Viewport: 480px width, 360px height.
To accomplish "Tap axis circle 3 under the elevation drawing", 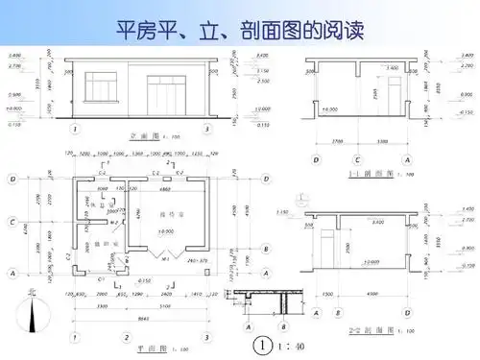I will click(205, 127).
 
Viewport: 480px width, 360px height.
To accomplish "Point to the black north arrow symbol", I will click(34, 315).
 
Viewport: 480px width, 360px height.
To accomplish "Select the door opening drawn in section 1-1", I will click(392, 97).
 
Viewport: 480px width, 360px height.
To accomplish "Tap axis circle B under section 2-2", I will click(338, 312).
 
